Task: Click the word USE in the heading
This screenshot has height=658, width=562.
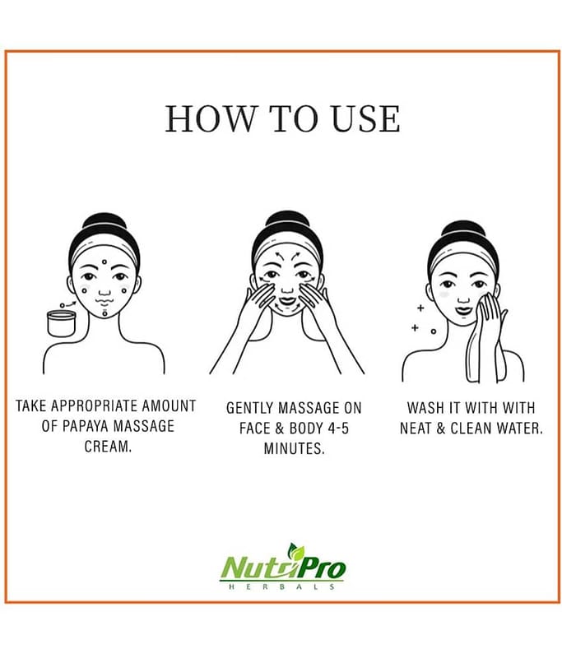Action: tap(365, 118)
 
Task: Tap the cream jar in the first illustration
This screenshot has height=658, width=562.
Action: tap(61, 322)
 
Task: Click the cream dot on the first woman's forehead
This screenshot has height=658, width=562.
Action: tap(105, 262)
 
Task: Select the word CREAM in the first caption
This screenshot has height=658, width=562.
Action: tap(108, 446)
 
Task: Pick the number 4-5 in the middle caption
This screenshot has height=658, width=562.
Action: tap(337, 429)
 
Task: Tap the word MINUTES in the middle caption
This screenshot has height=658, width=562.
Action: tap(294, 448)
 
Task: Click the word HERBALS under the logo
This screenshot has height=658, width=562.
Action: tap(281, 586)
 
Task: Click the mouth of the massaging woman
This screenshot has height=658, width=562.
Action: tap(287, 300)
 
